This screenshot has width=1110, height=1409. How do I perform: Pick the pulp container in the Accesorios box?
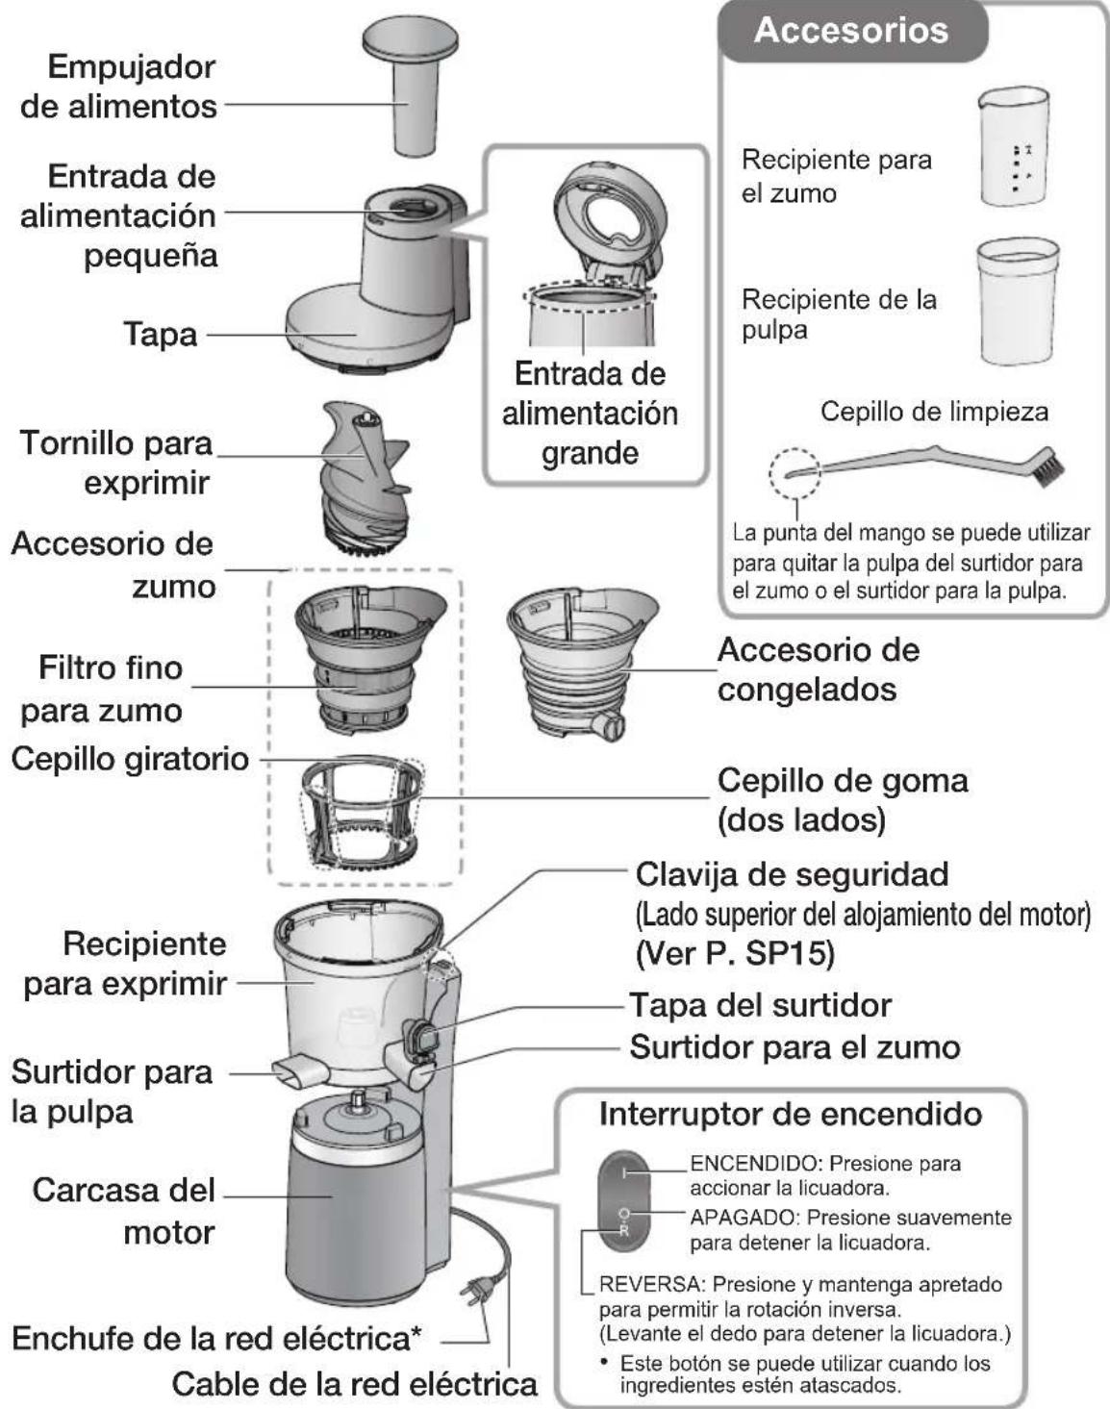click(1017, 301)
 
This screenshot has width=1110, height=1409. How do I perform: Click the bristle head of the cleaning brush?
click(1048, 467)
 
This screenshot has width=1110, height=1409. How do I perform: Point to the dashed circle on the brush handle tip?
click(794, 472)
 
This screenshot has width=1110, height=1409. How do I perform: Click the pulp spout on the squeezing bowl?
click(294, 1070)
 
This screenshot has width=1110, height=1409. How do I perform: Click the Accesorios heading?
click(850, 30)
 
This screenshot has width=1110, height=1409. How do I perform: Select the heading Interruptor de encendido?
click(790, 1114)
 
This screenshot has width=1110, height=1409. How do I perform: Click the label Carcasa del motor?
click(123, 1210)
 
